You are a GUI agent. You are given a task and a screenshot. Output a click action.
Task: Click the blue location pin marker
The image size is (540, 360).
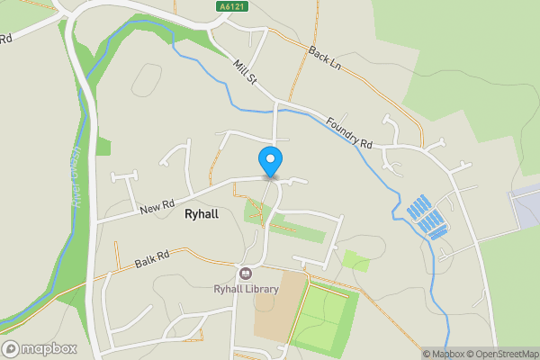[x=270, y=162]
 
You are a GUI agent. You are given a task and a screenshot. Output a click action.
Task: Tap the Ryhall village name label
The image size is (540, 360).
[x=201, y=215]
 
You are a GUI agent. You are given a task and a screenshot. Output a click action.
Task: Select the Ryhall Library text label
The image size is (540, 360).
[x=246, y=289]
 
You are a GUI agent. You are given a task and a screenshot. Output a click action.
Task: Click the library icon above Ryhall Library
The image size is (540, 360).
[x=245, y=274]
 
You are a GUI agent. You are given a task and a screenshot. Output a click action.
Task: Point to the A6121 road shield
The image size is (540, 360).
[x=229, y=6]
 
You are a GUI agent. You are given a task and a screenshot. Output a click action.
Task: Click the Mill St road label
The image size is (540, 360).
[x=245, y=74]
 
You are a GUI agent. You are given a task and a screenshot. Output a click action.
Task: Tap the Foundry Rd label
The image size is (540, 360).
[x=350, y=131]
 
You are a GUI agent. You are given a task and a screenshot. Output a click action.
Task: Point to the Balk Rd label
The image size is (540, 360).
[x=151, y=261]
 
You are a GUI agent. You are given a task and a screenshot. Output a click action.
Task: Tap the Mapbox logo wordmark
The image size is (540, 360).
[x=49, y=348]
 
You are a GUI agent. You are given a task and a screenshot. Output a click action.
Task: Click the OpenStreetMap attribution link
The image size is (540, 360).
[x=502, y=354]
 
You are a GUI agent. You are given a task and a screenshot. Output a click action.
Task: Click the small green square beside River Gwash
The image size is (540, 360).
[x=103, y=146]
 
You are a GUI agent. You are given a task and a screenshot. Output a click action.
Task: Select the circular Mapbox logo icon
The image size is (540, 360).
[x=11, y=348]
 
